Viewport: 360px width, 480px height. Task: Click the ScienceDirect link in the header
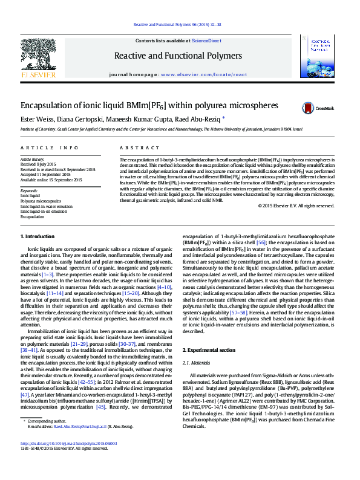206,41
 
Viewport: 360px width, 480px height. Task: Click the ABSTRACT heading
136,148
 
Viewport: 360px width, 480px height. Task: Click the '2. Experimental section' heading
209,351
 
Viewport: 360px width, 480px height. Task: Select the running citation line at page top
180,25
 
